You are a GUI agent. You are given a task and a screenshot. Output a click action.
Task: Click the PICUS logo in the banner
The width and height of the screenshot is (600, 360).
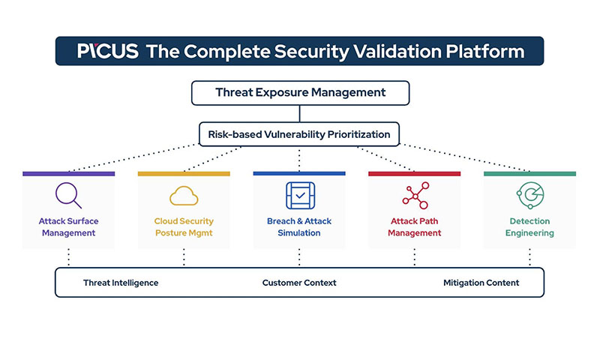pyautogui.click(x=107, y=51)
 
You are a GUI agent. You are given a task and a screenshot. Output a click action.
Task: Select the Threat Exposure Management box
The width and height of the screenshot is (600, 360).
pyautogui.click(x=301, y=92)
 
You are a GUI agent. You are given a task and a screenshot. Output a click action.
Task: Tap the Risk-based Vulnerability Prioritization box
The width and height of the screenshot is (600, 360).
pyautogui.click(x=299, y=134)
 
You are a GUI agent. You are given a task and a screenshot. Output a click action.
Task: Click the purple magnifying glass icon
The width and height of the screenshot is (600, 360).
pyautogui.click(x=68, y=195)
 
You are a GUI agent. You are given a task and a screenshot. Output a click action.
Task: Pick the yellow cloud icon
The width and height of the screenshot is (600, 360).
pyautogui.click(x=184, y=196)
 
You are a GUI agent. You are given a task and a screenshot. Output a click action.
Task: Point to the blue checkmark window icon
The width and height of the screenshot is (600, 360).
pyautogui.click(x=301, y=196)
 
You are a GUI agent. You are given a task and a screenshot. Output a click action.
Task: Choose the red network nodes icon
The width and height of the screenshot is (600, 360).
pyautogui.click(x=415, y=196)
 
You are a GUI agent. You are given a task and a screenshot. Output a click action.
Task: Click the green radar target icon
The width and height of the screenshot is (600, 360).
pyautogui.click(x=530, y=195)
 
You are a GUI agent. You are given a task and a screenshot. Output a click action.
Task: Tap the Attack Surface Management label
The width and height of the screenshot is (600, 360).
pyautogui.click(x=68, y=226)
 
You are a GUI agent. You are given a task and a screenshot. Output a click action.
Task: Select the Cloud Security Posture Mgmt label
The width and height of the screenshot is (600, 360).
pyautogui.click(x=184, y=226)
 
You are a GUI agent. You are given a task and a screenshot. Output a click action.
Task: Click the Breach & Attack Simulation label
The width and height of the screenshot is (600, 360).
pyautogui.click(x=299, y=226)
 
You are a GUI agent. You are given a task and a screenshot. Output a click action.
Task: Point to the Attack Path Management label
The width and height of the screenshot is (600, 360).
pyautogui.click(x=415, y=226)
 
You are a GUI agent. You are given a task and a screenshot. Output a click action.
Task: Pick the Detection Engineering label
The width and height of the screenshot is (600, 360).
pyautogui.click(x=529, y=226)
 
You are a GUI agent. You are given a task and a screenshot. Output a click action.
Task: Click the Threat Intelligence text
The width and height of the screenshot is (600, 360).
pyautogui.click(x=121, y=283)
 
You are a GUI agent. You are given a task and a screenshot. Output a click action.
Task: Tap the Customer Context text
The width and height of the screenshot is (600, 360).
pyautogui.click(x=299, y=283)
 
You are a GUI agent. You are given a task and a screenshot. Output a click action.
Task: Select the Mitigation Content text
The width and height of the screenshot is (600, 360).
pyautogui.click(x=481, y=283)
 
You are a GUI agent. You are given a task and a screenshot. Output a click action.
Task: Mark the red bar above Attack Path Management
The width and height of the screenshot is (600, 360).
pyautogui.click(x=415, y=174)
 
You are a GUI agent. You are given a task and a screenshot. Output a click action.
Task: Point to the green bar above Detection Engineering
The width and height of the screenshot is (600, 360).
pyautogui.click(x=530, y=174)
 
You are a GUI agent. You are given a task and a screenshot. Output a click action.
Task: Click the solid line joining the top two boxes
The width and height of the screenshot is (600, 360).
pyautogui.click(x=299, y=113)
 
